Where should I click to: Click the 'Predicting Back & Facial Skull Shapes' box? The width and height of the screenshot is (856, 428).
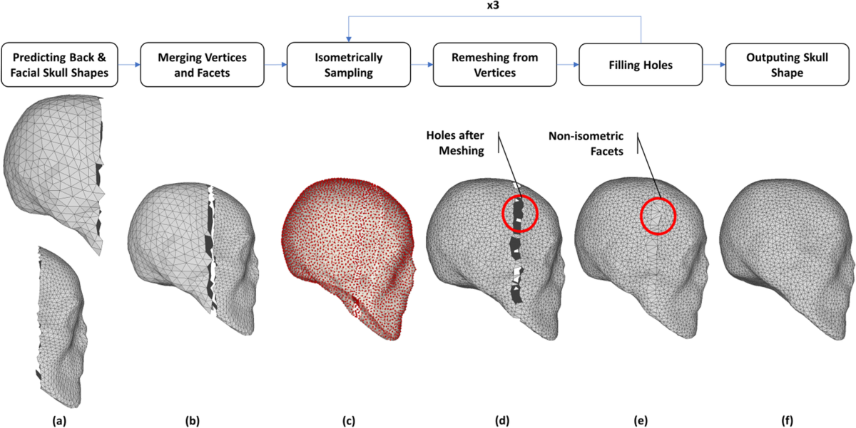pyautogui.click(x=61, y=64)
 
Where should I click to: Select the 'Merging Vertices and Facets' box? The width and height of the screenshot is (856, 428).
pyautogui.click(x=203, y=64)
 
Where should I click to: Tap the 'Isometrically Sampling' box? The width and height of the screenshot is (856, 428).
pyautogui.click(x=348, y=64)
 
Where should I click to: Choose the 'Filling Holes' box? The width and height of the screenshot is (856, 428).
pyautogui.click(x=640, y=64)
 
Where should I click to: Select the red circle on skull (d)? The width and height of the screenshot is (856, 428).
pyautogui.click(x=520, y=212)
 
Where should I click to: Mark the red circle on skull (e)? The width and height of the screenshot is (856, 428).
pyautogui.click(x=658, y=215)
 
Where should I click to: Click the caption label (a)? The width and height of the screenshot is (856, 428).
pyautogui.click(x=61, y=419)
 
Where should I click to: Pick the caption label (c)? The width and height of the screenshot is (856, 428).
pyautogui.click(x=348, y=419)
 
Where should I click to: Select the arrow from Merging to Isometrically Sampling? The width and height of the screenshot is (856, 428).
pyautogui.click(x=275, y=64)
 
